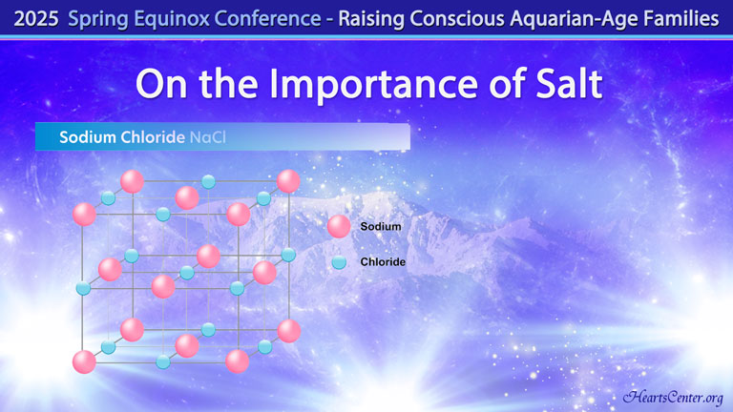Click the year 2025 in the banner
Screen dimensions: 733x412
coord(36,19)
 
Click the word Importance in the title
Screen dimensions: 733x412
coord(373,84)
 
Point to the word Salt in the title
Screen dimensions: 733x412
coord(569,84)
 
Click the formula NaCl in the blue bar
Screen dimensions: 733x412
coord(207,137)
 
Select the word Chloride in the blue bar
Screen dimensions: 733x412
coord(153,137)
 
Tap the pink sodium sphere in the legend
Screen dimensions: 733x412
coord(339,227)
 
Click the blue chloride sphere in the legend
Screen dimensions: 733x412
coord(339,262)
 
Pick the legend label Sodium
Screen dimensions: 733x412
coord(381,227)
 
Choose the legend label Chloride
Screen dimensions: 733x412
coord(383,262)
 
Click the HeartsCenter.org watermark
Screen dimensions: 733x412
coord(673,397)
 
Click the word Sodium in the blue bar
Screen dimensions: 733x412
coord(88,137)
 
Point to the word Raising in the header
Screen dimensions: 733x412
coord(371,20)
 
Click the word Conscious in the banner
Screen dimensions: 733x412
coord(458,19)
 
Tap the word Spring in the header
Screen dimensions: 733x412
coord(98,20)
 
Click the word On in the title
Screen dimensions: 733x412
coord(161,84)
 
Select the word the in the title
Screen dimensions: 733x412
coord(228,84)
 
